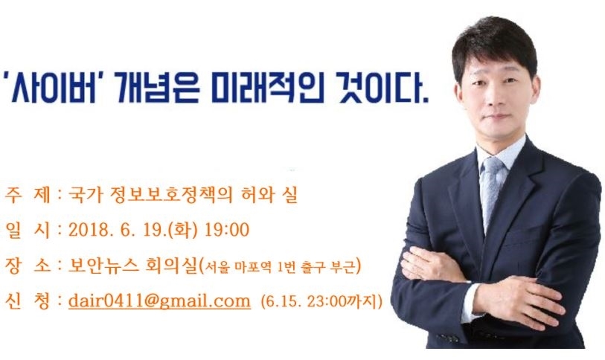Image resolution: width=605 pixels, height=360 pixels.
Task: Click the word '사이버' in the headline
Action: point(51,88)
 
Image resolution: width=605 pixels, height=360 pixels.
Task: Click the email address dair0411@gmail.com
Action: point(159,301)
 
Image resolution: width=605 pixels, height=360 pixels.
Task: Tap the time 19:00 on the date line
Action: point(227,230)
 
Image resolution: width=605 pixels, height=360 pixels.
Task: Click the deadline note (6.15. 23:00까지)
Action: point(321,301)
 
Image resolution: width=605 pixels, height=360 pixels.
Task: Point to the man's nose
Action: point(496,101)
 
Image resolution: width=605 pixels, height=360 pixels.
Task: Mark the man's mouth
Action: point(497,117)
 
